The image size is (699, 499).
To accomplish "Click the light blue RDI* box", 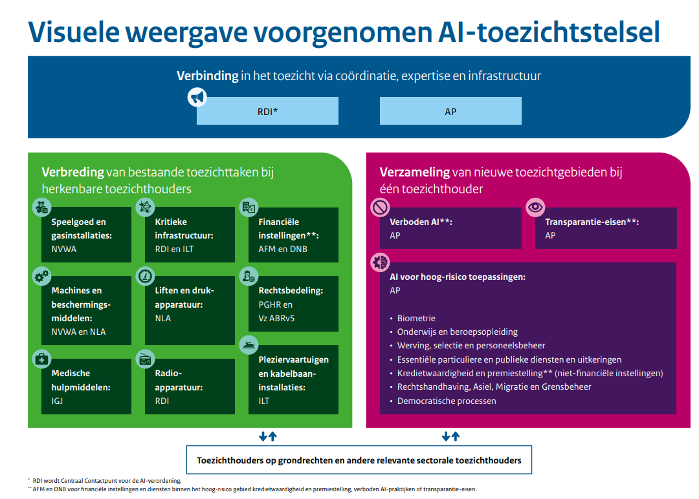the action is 267,111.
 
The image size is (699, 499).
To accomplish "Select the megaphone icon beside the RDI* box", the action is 197,96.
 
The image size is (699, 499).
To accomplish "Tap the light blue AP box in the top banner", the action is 450,111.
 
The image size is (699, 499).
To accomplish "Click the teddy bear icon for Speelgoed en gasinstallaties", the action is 42,207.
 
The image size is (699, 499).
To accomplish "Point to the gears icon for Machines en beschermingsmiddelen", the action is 42,277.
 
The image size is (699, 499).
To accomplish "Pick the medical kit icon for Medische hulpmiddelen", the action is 42,359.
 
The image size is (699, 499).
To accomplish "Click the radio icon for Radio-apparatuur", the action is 146,359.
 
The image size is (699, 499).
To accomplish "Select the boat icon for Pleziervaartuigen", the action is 249,345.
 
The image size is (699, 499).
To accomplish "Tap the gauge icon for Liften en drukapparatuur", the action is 146,276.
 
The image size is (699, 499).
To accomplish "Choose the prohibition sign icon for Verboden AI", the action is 381,207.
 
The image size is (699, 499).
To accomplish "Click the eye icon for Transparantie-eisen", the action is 535,207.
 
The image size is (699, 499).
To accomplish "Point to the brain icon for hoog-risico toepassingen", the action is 381,262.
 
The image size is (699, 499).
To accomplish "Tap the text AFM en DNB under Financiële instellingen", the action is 283,249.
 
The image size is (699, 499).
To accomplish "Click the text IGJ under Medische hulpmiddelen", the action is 57,401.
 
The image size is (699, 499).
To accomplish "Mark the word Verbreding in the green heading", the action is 73,173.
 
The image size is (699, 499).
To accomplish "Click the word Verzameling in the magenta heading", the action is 415,173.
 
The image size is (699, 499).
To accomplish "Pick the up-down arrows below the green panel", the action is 268,436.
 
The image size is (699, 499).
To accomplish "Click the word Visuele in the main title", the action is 74,32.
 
